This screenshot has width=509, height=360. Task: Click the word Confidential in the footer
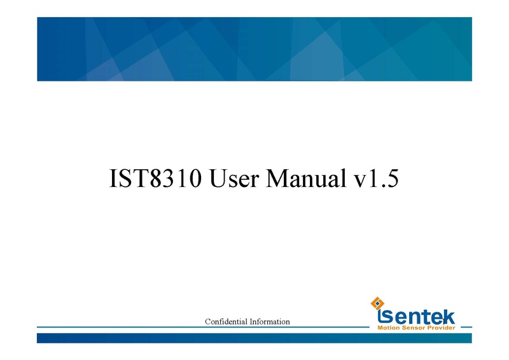(x=225, y=322)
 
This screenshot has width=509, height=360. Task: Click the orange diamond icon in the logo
(x=376, y=302)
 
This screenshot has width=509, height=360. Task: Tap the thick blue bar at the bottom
(x=254, y=338)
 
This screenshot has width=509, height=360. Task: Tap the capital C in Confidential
(x=207, y=322)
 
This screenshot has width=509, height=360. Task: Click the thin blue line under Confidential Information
(x=191, y=329)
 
